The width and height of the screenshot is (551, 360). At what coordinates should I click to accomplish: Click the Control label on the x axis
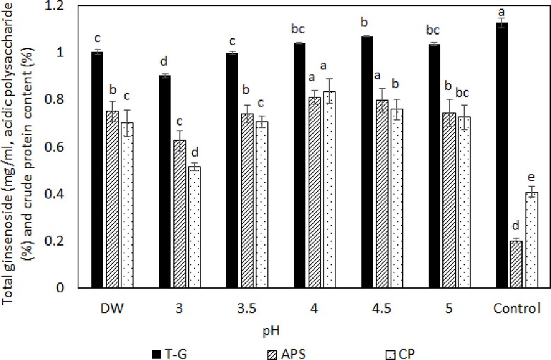coord(515,308)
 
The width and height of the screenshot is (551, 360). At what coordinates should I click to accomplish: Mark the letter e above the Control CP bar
coord(531,176)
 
